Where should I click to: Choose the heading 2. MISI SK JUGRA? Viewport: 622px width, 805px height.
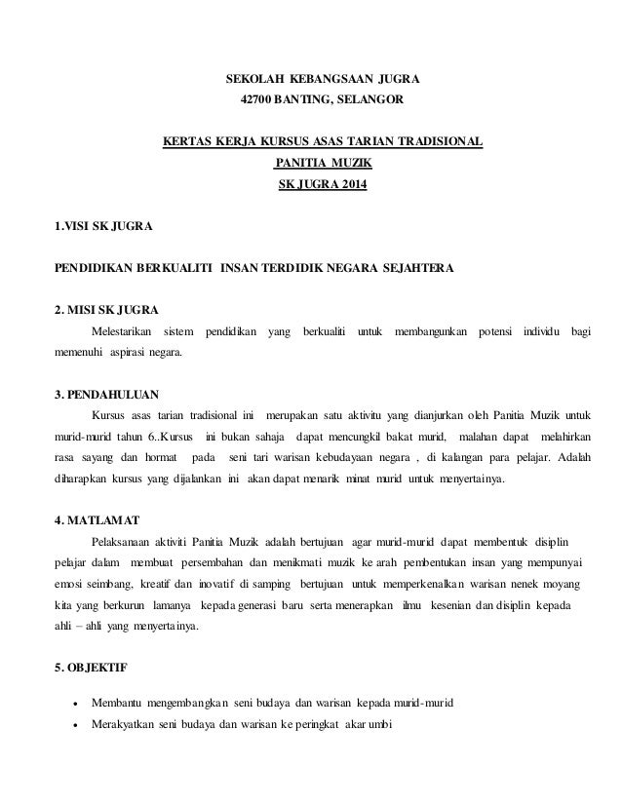tap(107, 312)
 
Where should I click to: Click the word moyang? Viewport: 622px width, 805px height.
tap(559, 584)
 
